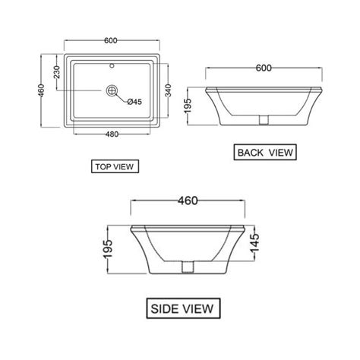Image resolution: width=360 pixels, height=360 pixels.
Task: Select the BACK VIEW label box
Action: pyautogui.click(x=265, y=152)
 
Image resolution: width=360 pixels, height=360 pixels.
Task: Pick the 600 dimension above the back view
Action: pyautogui.click(x=263, y=68)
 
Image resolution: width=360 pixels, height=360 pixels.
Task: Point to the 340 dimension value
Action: pyautogui.click(x=175, y=93)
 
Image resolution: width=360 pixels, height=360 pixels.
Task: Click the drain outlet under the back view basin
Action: pyautogui.click(x=263, y=119)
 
